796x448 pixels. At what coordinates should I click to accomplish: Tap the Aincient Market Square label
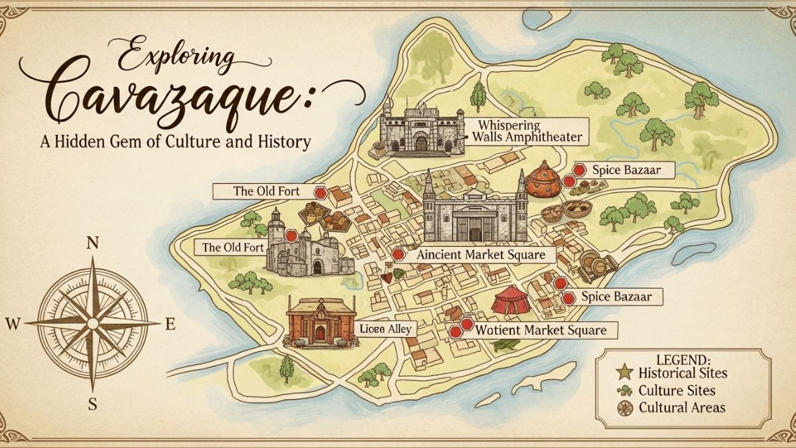pos(480,255)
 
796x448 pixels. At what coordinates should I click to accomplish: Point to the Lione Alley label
pos(385,329)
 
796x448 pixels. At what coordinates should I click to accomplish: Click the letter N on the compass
pos(93,244)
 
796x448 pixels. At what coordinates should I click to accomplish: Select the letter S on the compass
pos(93,403)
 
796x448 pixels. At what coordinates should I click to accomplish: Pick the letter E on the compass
pos(169,325)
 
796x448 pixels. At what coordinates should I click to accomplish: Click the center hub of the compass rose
pos(93,323)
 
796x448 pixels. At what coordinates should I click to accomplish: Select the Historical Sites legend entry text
pos(683,373)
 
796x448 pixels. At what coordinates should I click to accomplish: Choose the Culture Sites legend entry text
pos(677,391)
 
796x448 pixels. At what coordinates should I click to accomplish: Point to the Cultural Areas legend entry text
pos(682,408)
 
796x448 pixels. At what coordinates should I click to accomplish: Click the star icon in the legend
pos(624,373)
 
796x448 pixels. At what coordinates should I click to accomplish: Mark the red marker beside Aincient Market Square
pos(398,255)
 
